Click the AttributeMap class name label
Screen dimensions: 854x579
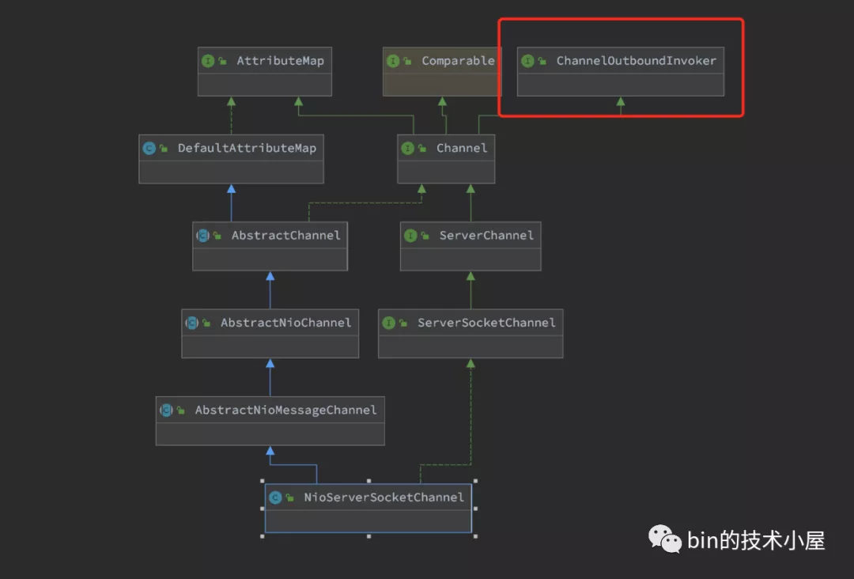pyautogui.click(x=280, y=61)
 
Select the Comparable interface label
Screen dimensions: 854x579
pyautogui.click(x=458, y=61)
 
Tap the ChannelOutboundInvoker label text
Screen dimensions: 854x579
pyautogui.click(x=636, y=61)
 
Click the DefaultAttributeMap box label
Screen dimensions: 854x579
pyautogui.click(x=247, y=148)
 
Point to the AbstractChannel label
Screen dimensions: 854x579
pyautogui.click(x=286, y=235)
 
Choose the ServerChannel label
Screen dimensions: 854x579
pyautogui.click(x=486, y=235)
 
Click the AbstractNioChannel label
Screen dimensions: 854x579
pyautogui.click(x=286, y=323)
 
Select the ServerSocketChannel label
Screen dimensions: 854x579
pyautogui.click(x=486, y=323)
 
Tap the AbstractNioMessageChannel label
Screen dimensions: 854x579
pyautogui.click(x=286, y=410)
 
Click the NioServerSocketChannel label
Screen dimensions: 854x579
pyautogui.click(x=384, y=498)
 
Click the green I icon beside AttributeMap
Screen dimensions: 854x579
pyautogui.click(x=208, y=61)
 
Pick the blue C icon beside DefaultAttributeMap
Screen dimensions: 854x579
pyautogui.click(x=149, y=148)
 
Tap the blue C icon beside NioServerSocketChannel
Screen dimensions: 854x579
pyautogui.click(x=276, y=498)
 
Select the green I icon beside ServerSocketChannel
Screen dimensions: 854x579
pyautogui.click(x=389, y=323)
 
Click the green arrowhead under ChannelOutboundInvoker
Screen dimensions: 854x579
pyautogui.click(x=621, y=101)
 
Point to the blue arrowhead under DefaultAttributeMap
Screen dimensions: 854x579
pyautogui.click(x=232, y=188)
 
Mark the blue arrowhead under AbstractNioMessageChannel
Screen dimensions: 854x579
pyautogui.click(x=270, y=450)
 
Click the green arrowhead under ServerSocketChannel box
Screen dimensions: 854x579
pyautogui.click(x=470, y=363)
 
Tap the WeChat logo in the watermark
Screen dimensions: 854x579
pyautogui.click(x=665, y=539)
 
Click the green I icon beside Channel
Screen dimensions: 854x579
pyautogui.click(x=407, y=148)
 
